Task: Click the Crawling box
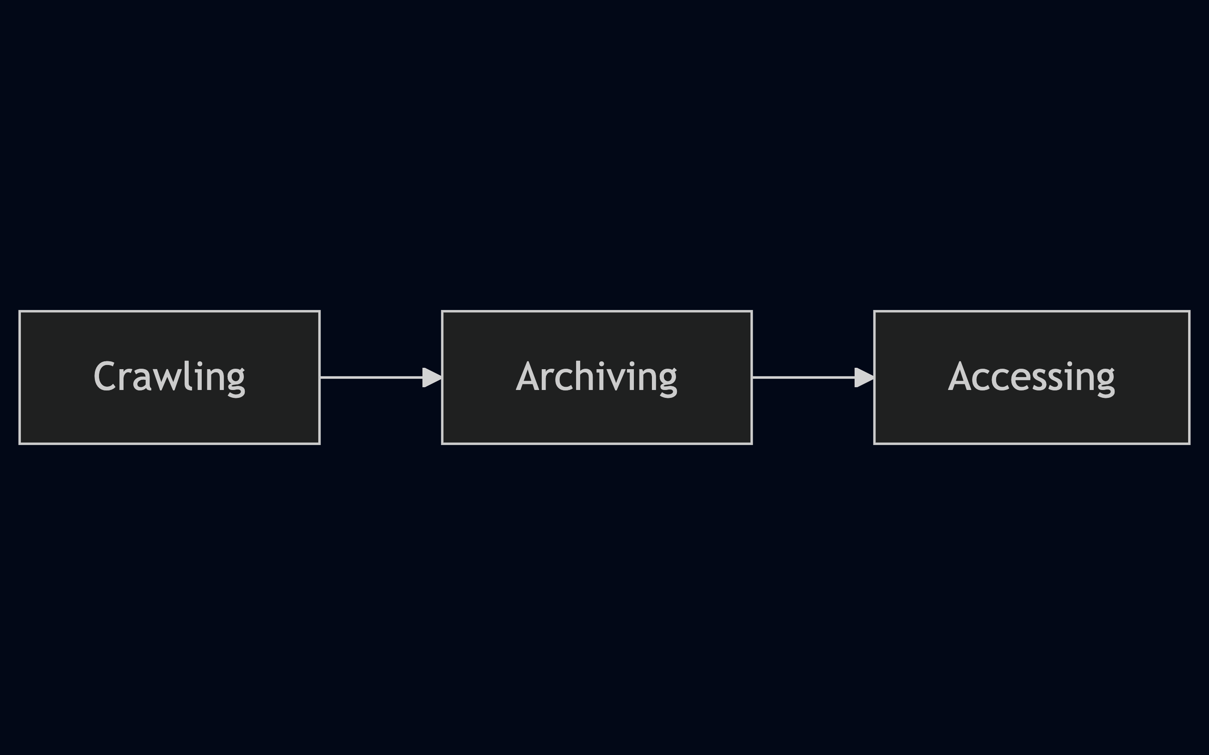[169, 377]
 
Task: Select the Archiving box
[597, 377]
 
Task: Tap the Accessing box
[1032, 377]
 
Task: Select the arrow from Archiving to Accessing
[813, 377]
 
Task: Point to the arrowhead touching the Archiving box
[432, 377]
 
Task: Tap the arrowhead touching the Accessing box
[864, 377]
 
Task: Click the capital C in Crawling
[105, 376]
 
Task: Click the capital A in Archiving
[527, 376]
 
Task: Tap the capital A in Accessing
[960, 376]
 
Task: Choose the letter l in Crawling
[188, 375]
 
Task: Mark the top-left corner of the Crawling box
[19, 311]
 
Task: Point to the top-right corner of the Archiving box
[752, 311]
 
